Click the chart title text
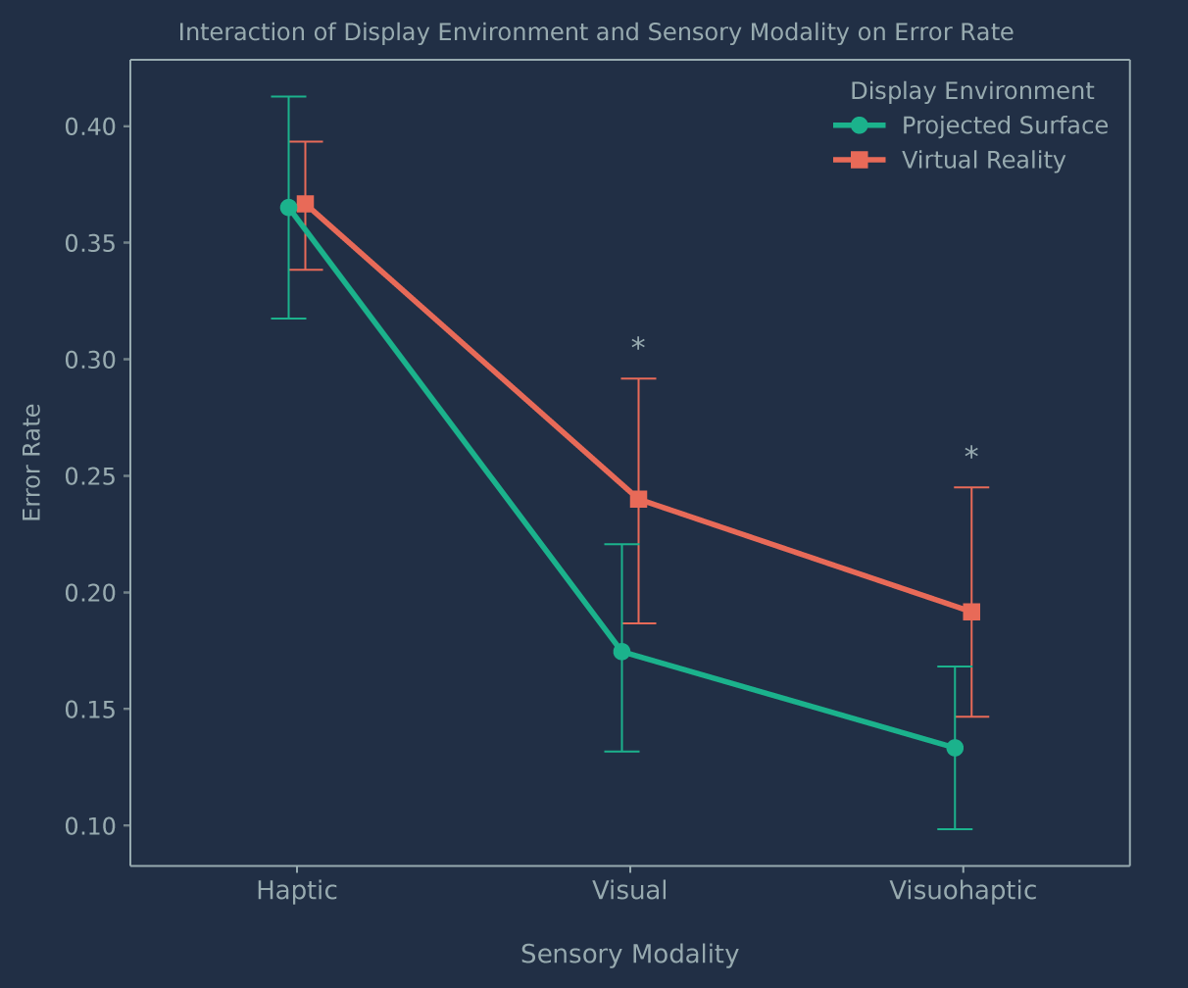[595, 32]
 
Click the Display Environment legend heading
[971, 91]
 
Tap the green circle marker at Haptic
[288, 208]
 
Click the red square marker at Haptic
[305, 204]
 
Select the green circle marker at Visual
[621, 652]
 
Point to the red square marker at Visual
[638, 500]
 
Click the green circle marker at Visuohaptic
[955, 748]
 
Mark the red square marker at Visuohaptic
[971, 612]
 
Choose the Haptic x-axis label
[296, 891]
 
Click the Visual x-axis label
[629, 891]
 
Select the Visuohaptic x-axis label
[963, 891]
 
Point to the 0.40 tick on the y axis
[90, 127]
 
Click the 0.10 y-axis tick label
[90, 826]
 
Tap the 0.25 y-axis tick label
[90, 476]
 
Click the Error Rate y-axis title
[32, 463]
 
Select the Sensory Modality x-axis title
[629, 955]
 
